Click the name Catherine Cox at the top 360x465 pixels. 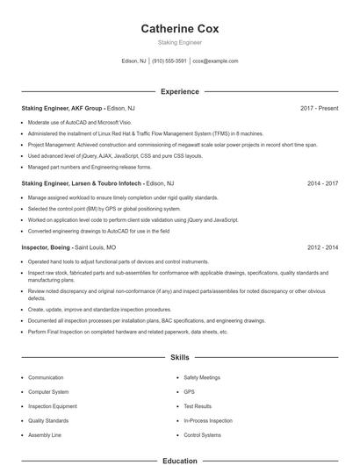pyautogui.click(x=179, y=28)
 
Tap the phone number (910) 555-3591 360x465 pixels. pyautogui.click(x=169, y=61)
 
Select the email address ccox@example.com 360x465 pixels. pyautogui.click(x=215, y=61)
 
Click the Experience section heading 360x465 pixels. pyautogui.click(x=179, y=91)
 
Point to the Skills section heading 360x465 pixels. pyautogui.click(x=179, y=358)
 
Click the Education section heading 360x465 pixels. pyautogui.click(x=179, y=461)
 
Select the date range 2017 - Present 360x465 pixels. pyautogui.click(x=319, y=108)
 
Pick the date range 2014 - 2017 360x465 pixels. pyautogui.click(x=322, y=184)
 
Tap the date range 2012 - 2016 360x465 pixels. pyautogui.click(x=322, y=248)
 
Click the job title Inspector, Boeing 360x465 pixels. pyautogui.click(x=47, y=248)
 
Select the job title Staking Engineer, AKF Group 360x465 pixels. pyautogui.click(x=61, y=108)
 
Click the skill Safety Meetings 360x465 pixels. pyautogui.click(x=202, y=377)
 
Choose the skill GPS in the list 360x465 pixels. pyautogui.click(x=188, y=392)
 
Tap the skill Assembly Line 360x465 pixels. pyautogui.click(x=45, y=435)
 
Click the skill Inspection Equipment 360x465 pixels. pyautogui.click(x=53, y=406)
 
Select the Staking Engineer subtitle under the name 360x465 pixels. pyautogui.click(x=179, y=42)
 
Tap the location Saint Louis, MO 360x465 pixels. pyautogui.click(x=97, y=248)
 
